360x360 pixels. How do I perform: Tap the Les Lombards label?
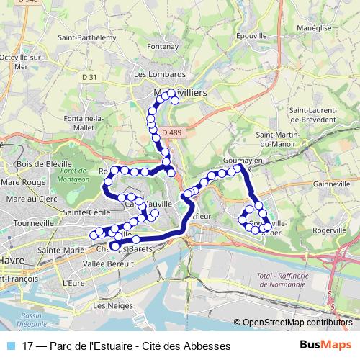pyautogui.click(x=159, y=73)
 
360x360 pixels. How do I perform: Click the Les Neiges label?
pyautogui.click(x=108, y=306)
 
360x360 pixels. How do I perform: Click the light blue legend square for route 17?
pyautogui.click(x=9, y=346)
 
